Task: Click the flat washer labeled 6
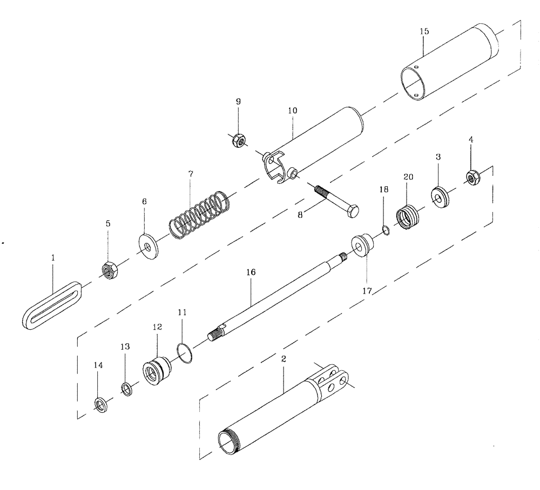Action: click(x=147, y=247)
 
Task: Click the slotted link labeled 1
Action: click(x=52, y=305)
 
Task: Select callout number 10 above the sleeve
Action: click(x=292, y=110)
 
